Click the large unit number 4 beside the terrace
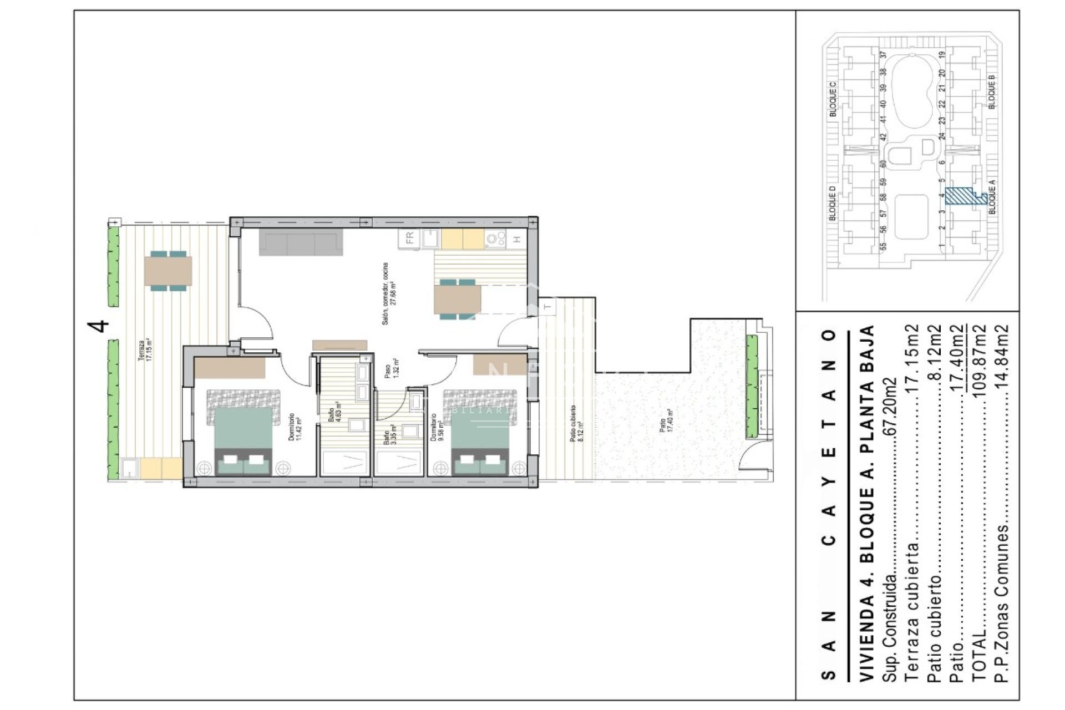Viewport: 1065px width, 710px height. tap(102, 326)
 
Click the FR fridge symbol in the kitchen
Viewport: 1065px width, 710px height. tap(409, 239)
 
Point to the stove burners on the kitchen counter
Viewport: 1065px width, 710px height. tap(495, 239)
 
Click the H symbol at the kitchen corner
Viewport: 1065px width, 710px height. tap(517, 240)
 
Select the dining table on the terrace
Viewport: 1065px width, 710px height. tap(168, 271)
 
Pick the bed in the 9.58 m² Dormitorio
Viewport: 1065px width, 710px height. tap(480, 433)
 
